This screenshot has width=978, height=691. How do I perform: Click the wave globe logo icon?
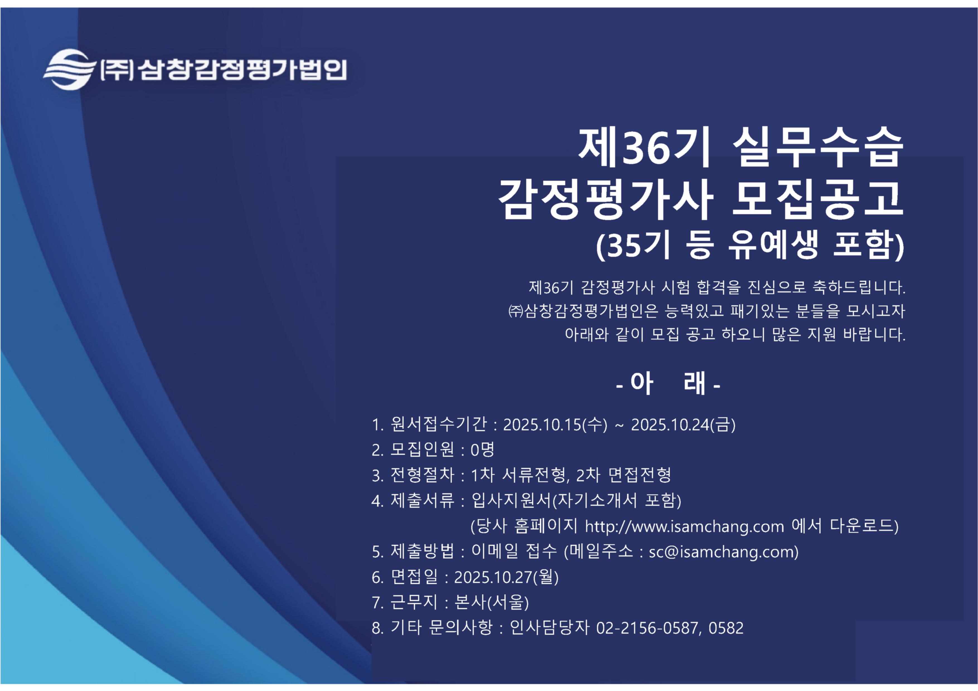(x=69, y=69)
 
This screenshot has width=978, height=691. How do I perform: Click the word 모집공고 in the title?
(x=818, y=198)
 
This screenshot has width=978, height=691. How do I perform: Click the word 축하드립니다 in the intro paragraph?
(x=859, y=287)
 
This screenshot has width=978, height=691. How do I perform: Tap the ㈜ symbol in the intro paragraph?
(x=516, y=311)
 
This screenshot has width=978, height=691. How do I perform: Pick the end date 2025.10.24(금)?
(x=683, y=424)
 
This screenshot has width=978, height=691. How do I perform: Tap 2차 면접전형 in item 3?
(x=623, y=475)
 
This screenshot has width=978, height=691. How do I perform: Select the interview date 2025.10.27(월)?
(x=506, y=577)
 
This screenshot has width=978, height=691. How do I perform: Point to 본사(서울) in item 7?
(x=492, y=602)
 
